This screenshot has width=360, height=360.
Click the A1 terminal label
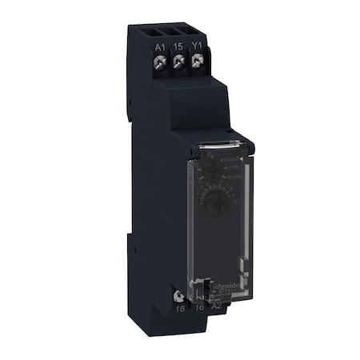tap(159, 48)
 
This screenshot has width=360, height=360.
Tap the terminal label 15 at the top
tap(178, 48)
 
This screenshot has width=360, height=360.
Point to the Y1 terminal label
tap(197, 48)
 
